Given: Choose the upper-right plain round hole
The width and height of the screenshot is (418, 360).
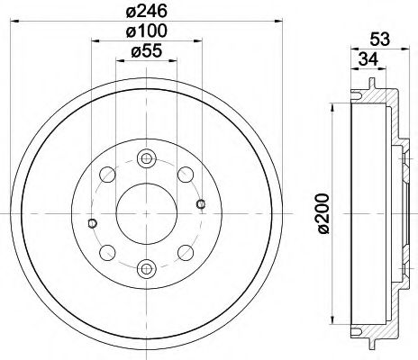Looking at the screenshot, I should point(185,174).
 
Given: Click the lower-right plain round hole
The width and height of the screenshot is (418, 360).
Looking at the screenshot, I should point(185,252).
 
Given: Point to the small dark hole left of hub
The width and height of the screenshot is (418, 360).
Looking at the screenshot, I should point(92,223).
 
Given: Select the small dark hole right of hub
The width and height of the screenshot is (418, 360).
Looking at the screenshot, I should point(200,202).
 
